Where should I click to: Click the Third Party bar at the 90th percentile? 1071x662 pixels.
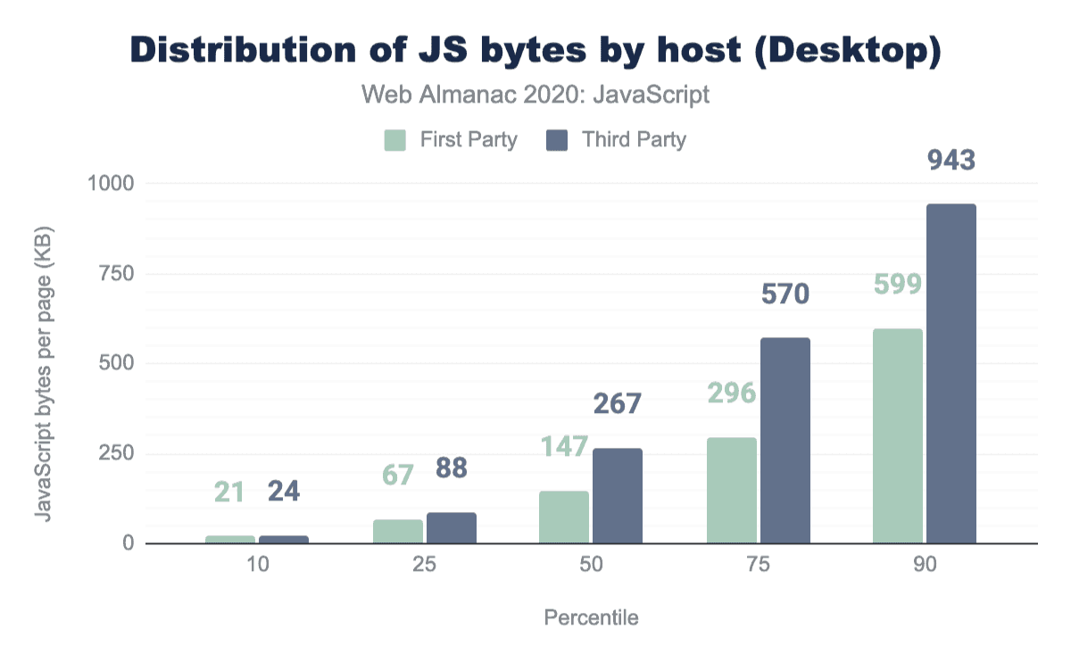951,374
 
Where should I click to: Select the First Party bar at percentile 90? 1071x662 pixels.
898,436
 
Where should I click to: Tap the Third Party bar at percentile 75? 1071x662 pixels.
785,441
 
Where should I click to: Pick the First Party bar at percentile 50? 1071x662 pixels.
564,517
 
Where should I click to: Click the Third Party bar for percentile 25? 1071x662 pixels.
452,528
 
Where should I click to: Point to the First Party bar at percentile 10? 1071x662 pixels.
230,539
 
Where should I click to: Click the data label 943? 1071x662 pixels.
951,161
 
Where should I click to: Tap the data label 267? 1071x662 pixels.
618,403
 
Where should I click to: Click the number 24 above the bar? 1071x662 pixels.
284,492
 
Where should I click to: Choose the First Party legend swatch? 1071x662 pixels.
395,140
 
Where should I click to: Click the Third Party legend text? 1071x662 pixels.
634,140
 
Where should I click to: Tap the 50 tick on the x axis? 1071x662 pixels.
591,566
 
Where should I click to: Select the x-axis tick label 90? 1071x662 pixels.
925,566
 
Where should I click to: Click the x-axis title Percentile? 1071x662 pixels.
591,617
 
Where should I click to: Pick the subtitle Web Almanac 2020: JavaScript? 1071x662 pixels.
535,95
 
